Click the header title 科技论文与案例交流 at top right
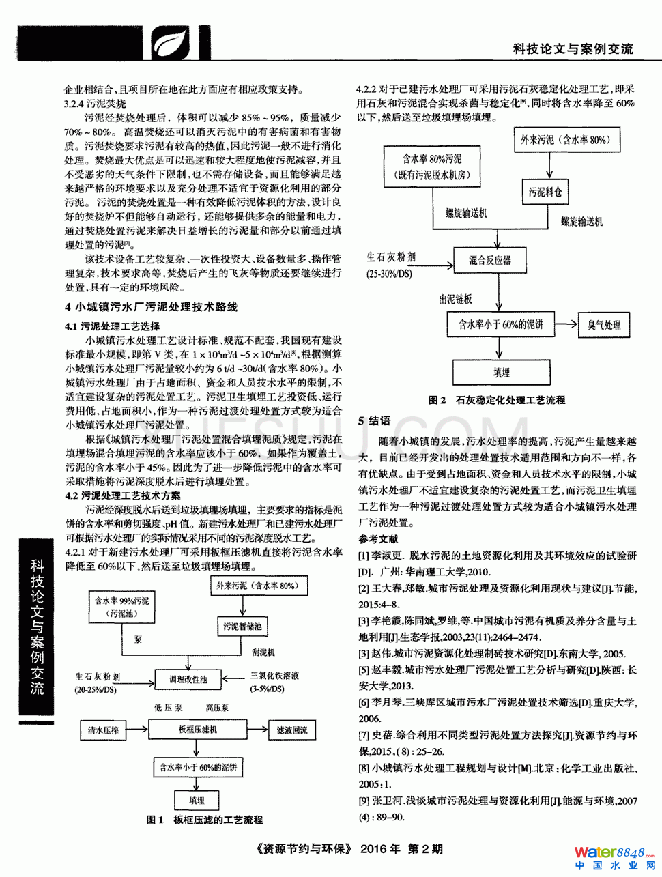click(x=573, y=48)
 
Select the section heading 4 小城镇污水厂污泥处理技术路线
click(x=152, y=307)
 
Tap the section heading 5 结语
click(x=375, y=420)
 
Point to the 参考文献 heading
click(x=378, y=539)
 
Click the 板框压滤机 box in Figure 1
click(x=198, y=730)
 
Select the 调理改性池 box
click(x=188, y=679)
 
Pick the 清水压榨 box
click(x=103, y=730)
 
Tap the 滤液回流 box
click(x=292, y=730)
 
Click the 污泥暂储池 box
click(x=242, y=626)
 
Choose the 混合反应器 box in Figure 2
click(x=490, y=260)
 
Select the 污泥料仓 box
click(x=545, y=192)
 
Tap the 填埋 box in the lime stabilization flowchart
click(x=501, y=373)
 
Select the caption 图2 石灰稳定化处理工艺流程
click(x=496, y=400)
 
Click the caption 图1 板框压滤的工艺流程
click(x=205, y=820)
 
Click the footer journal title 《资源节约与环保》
click(x=304, y=849)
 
